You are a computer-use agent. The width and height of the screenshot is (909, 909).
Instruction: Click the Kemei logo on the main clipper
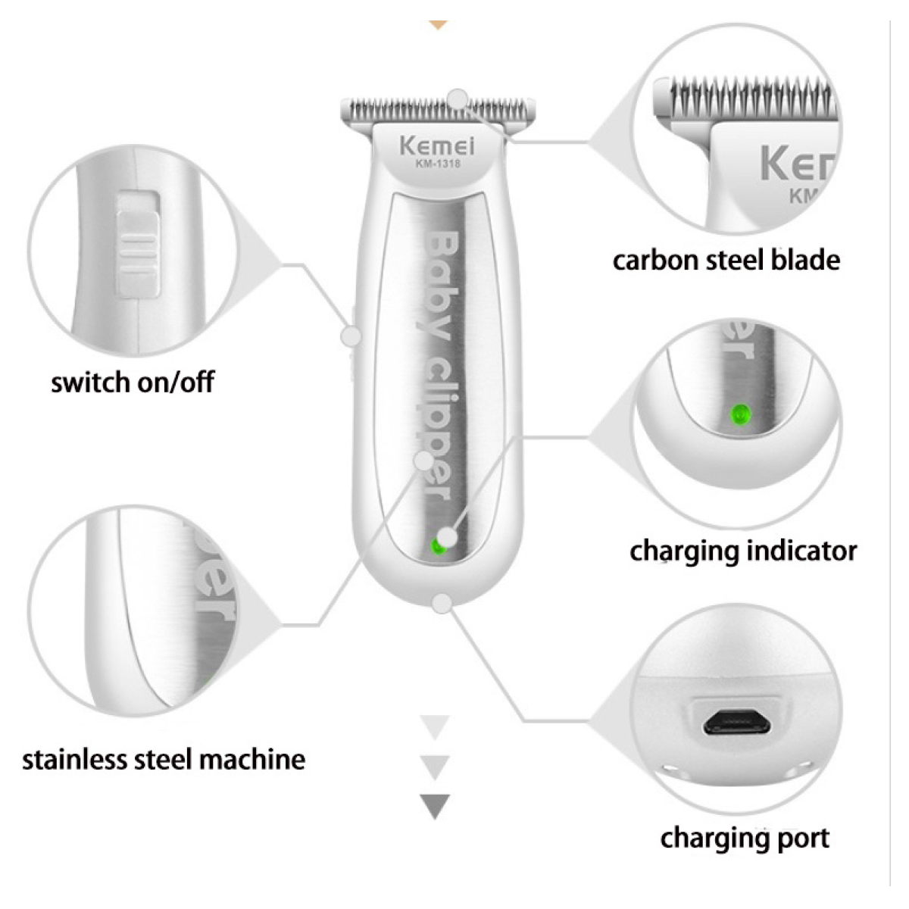(437, 146)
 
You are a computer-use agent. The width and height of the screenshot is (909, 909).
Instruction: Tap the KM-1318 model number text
(438, 164)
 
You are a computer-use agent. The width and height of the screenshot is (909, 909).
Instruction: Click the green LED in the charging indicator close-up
(740, 416)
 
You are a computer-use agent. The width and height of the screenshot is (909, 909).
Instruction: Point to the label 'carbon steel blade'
(726, 261)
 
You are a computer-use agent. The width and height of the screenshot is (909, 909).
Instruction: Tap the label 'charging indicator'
(743, 551)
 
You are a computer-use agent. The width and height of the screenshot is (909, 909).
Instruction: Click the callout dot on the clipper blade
(458, 99)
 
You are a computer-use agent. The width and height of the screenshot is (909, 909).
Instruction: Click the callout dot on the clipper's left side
(351, 336)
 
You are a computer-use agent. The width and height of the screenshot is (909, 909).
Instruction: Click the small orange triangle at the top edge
(439, 24)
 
